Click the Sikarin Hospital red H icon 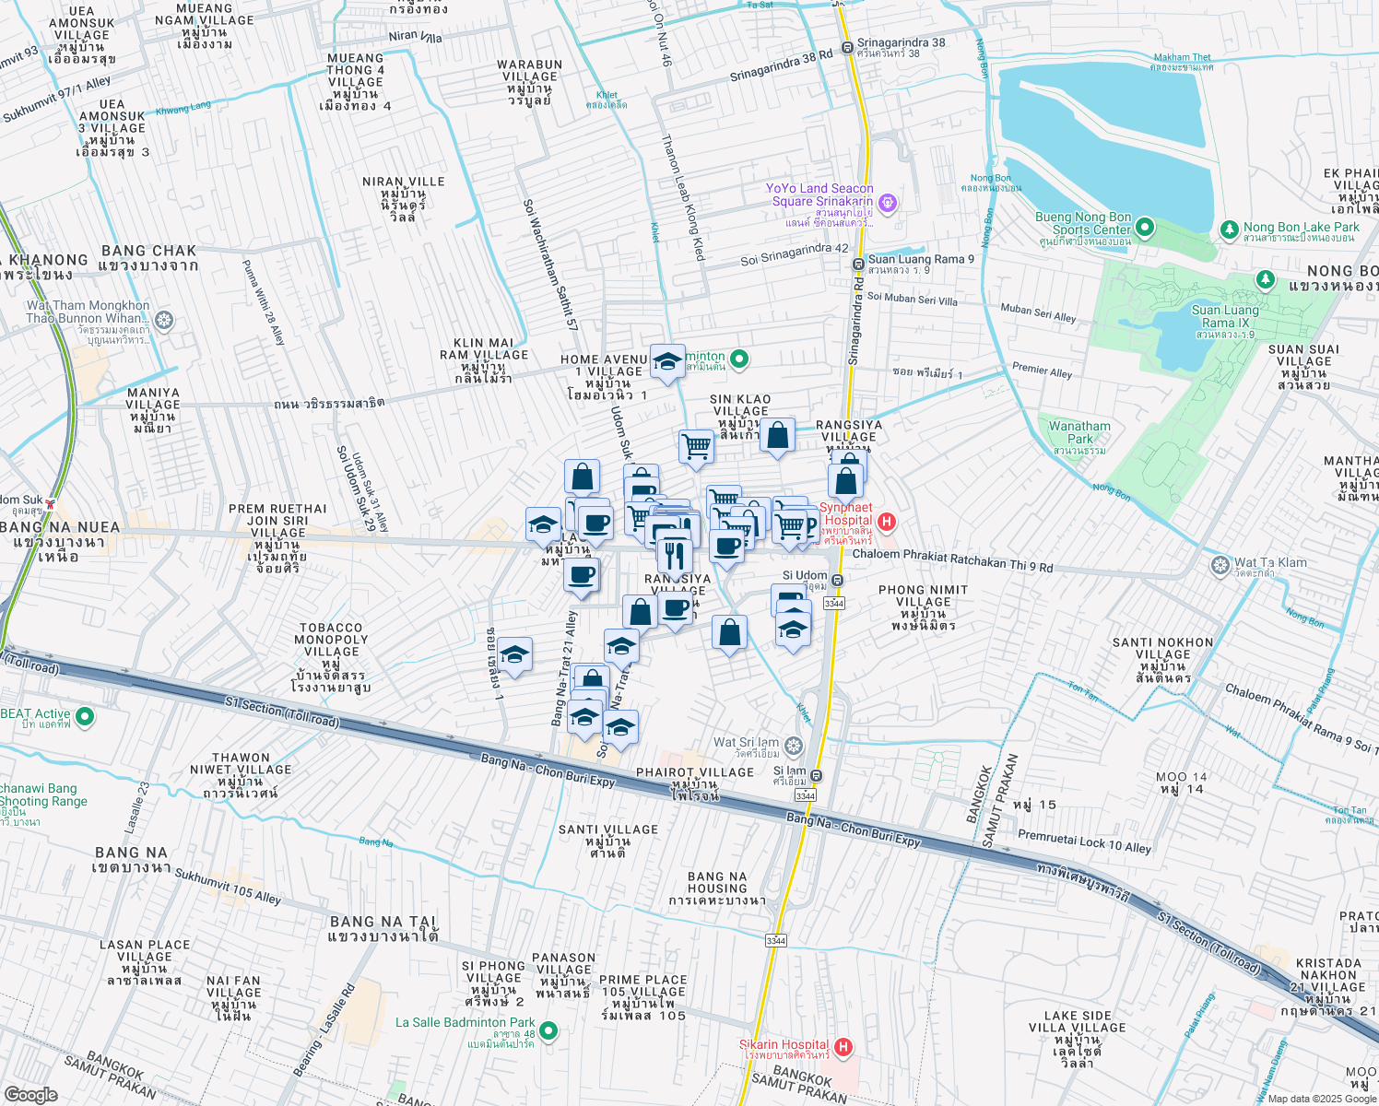843,1047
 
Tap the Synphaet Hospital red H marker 886,523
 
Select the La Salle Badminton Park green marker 548,1030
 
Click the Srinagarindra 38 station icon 846,48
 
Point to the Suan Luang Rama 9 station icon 857,265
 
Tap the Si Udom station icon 837,581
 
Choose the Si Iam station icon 817,776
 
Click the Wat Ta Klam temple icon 1220,564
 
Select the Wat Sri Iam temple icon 794,746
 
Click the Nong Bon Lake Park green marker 1229,229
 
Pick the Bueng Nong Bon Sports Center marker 1145,226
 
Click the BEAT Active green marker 85,715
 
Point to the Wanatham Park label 1079,432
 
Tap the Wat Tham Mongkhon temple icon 164,321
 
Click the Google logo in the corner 30,1094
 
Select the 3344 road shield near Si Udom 833,603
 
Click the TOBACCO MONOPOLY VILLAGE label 331,640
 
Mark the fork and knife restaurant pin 675,556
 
